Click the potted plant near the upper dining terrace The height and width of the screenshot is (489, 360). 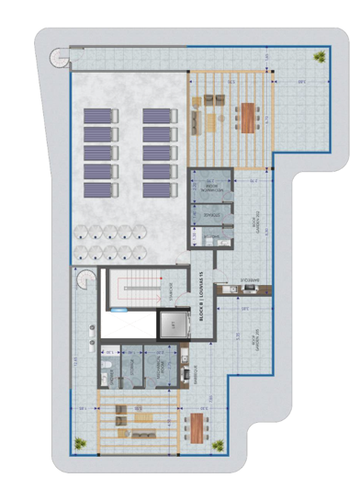point(319,57)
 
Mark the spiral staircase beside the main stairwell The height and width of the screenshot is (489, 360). point(84,280)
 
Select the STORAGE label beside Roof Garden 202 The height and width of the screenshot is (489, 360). point(211,216)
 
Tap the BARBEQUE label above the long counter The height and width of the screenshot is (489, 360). point(252,279)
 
